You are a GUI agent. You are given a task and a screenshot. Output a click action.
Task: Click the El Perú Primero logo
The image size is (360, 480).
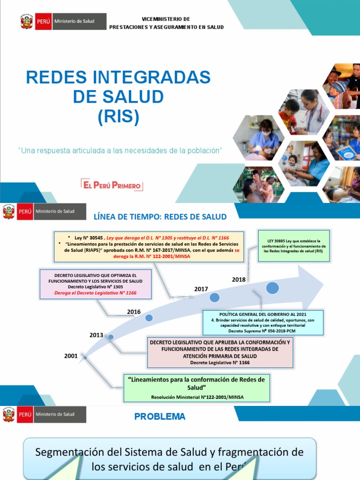(112, 185)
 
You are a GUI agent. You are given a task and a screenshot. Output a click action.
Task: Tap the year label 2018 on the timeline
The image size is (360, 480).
(239, 279)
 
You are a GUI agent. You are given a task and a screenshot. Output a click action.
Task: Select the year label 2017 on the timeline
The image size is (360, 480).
(201, 289)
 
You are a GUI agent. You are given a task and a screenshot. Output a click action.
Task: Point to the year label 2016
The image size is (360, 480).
(134, 312)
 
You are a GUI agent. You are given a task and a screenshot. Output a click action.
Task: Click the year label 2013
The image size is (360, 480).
(97, 335)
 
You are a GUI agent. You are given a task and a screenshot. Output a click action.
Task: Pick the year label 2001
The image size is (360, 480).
(71, 356)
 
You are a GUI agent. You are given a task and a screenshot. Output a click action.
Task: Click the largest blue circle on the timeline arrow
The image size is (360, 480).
(273, 288)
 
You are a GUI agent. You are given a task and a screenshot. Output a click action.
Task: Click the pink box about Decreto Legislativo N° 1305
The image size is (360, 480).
(95, 284)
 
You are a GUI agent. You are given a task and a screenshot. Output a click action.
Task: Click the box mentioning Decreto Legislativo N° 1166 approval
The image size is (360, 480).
(220, 352)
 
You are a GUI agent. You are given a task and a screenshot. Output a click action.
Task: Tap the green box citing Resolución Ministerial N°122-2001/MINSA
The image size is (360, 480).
(197, 388)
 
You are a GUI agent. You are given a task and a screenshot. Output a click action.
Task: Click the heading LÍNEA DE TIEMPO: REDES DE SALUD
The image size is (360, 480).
(160, 217)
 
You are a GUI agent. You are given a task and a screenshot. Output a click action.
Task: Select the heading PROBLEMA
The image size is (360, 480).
(159, 416)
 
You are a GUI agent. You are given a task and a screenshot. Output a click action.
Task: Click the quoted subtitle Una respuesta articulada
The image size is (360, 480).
(120, 150)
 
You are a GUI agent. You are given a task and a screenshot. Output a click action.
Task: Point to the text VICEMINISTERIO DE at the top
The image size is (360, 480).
(166, 19)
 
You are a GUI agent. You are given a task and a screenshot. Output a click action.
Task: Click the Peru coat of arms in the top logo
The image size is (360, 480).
(27, 22)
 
